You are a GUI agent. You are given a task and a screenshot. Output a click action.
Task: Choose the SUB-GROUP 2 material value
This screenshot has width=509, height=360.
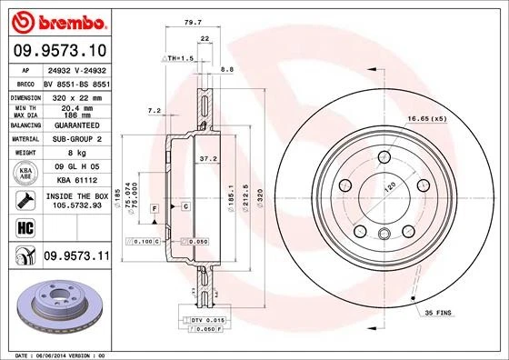[74, 139]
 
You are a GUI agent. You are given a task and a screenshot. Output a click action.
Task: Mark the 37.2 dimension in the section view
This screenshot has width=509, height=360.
[208, 158]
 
